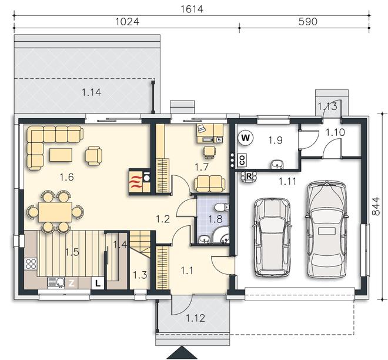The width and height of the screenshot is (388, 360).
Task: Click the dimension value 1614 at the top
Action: [192, 9]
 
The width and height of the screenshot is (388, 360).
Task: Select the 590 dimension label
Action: [307, 22]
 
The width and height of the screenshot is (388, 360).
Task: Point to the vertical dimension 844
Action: [376, 206]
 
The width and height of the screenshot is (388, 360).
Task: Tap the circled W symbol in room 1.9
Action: [245, 138]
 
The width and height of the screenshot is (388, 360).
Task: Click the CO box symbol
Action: [242, 160]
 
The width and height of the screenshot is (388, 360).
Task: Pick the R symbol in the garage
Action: [249, 176]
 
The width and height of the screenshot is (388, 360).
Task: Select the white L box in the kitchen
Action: [98, 283]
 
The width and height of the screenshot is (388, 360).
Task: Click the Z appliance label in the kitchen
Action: [72, 283]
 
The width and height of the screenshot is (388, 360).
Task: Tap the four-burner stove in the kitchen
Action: [31, 264]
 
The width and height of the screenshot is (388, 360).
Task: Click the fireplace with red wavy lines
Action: [139, 182]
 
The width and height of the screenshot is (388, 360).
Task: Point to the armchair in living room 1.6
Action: [93, 155]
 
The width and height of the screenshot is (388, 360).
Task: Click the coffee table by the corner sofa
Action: [61, 155]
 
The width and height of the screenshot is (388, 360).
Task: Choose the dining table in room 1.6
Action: [55, 212]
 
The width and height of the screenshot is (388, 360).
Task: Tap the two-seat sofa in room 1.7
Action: [210, 184]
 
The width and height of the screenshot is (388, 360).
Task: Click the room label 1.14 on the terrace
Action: [91, 92]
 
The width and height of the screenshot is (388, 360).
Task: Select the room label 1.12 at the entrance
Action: [195, 318]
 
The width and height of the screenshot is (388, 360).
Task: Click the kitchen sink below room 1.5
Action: [56, 283]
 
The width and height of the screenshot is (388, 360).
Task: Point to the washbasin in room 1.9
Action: [277, 164]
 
